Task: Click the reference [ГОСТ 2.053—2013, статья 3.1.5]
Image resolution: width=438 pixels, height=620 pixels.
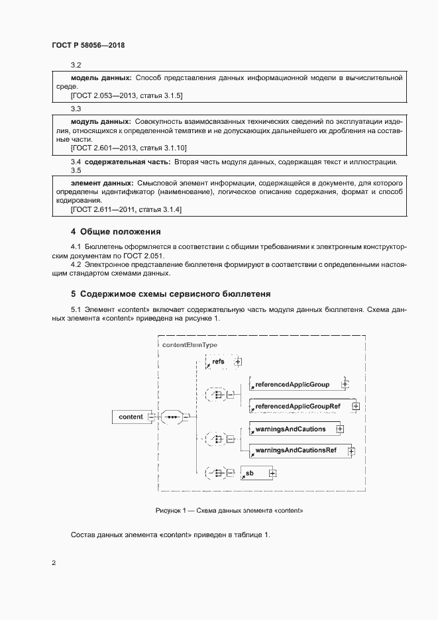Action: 126,96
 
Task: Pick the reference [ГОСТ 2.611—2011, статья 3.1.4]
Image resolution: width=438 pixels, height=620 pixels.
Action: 126,209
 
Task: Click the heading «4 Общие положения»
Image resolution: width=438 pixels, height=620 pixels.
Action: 116,232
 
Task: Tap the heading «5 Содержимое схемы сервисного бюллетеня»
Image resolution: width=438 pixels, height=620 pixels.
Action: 170,293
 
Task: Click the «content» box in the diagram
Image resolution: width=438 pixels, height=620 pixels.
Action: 131,417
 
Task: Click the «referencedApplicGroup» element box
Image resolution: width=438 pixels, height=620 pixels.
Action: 292,384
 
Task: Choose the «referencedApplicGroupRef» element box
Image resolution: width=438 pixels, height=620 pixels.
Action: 298,405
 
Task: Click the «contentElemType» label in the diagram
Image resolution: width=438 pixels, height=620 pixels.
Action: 189,344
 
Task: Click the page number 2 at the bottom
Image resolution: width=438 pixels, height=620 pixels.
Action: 54,563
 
